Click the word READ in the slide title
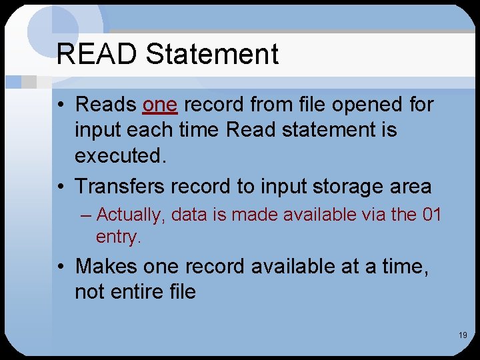pos(98,54)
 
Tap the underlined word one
pos(160,105)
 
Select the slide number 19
pos(463,335)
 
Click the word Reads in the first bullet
pos(106,105)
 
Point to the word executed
pos(120,155)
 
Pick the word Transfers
pos(120,186)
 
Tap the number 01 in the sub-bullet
pos(433,215)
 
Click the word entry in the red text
pos(119,237)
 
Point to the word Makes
pos(107,266)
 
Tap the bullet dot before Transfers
pos(61,187)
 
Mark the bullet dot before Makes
pos(61,267)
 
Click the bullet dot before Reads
pos(61,105)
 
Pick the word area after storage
pos(410,187)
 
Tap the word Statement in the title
pos(212,54)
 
